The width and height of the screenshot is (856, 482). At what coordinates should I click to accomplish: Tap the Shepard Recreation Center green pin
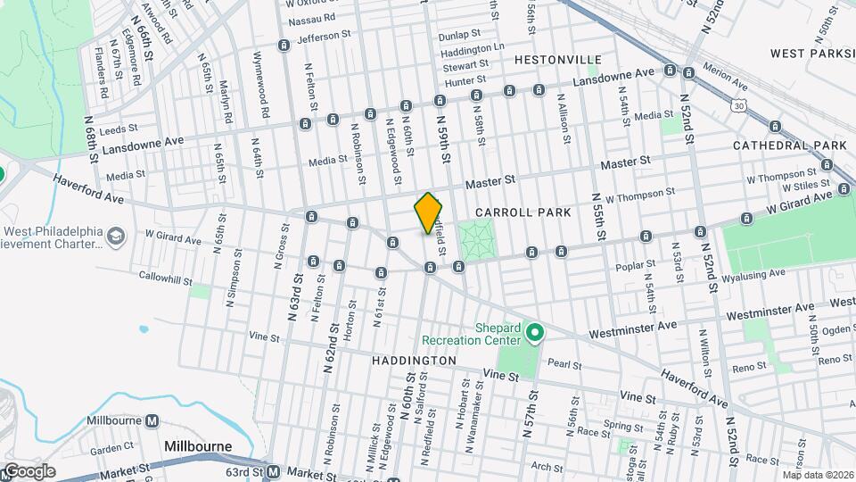pyautogui.click(x=534, y=335)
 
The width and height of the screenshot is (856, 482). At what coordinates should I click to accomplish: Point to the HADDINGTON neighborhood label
pyautogui.click(x=414, y=360)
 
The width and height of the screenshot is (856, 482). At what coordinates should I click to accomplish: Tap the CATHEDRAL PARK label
pyautogui.click(x=789, y=145)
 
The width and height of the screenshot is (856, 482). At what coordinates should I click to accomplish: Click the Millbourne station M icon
pyautogui.click(x=152, y=421)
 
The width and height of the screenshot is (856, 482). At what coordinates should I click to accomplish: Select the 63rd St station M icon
pyautogui.click(x=274, y=471)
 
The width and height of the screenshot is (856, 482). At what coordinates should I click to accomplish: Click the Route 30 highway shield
pyautogui.click(x=739, y=106)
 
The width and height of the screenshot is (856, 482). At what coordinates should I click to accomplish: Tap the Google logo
pyautogui.click(x=29, y=470)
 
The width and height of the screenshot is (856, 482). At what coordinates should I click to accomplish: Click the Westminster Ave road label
pyautogui.click(x=770, y=312)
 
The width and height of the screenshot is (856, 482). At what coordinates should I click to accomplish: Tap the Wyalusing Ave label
pyautogui.click(x=760, y=273)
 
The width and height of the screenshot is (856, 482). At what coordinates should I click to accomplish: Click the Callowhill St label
pyautogui.click(x=165, y=278)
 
